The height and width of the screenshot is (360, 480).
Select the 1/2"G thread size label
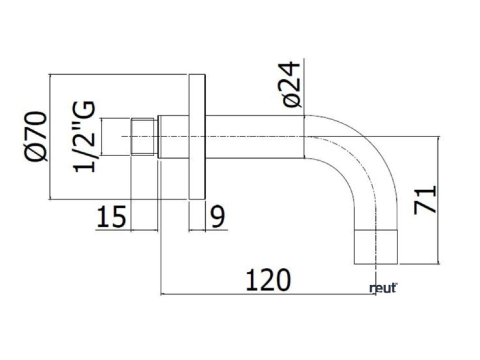point(83,137)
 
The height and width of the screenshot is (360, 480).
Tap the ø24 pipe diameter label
point(292,84)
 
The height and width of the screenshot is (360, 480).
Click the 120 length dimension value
point(268,280)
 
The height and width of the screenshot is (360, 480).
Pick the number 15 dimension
point(111,216)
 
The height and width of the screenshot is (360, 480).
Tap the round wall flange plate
point(197,137)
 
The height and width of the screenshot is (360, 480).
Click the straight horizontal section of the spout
point(255,137)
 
